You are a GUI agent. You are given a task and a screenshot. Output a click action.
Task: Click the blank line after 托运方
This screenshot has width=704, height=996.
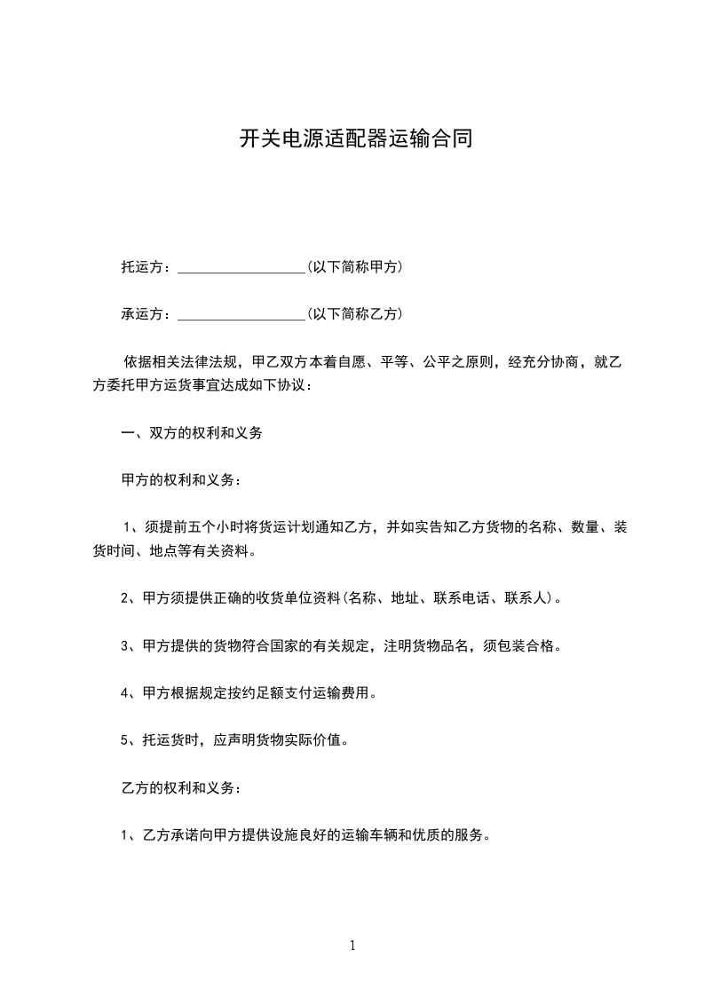241,267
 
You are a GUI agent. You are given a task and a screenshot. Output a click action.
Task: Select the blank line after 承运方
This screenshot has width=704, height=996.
241,315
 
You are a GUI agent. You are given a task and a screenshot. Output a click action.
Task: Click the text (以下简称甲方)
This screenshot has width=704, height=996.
354,266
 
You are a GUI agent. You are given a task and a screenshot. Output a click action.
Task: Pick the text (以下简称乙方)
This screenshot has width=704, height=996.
354,314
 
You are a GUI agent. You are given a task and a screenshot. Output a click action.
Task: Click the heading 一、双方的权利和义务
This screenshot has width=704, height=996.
191,434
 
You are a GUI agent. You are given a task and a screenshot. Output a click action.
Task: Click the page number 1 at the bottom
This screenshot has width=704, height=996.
352,945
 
